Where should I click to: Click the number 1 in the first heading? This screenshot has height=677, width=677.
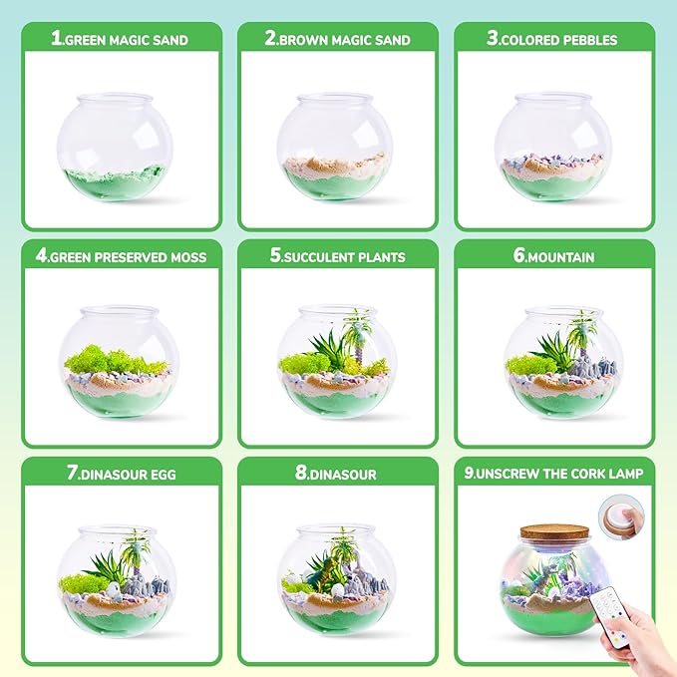pos(57,40)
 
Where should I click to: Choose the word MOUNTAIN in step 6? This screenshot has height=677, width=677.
pos(561,256)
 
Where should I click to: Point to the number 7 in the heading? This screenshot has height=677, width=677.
pos(73,475)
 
